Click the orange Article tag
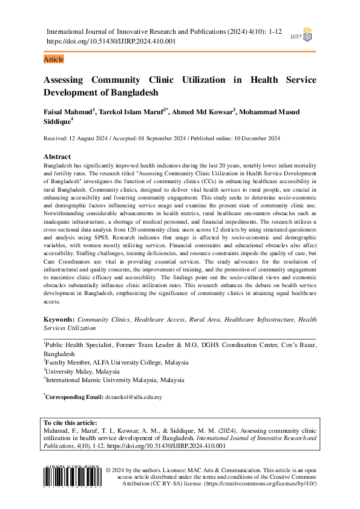tap(54, 59)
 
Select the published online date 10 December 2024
tap(254, 138)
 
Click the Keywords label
tap(60, 319)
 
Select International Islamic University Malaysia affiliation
tap(116, 380)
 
